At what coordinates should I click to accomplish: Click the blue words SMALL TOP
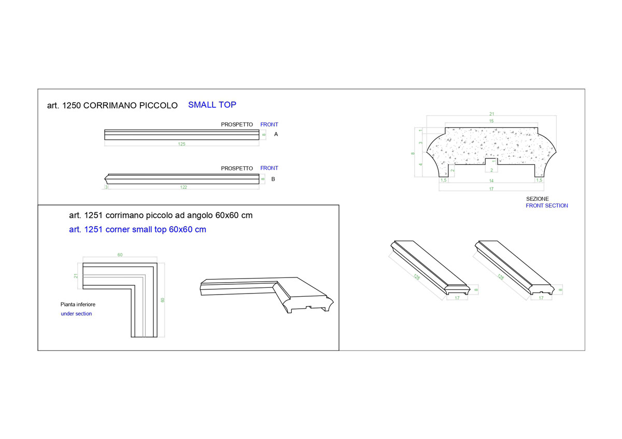click(212, 105)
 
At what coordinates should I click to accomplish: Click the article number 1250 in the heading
click(72, 106)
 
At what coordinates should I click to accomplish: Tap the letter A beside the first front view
click(276, 134)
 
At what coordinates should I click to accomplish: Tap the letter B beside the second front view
click(273, 179)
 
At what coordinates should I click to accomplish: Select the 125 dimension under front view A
click(181, 144)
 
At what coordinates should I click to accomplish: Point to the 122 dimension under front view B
click(183, 187)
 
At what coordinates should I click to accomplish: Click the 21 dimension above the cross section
click(492, 114)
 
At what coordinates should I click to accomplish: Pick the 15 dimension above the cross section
click(491, 121)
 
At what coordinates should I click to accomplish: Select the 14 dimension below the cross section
click(491, 181)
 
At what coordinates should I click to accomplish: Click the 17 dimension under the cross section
click(491, 189)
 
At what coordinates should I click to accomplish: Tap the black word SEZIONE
click(538, 199)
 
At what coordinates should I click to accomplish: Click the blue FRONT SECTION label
click(547, 206)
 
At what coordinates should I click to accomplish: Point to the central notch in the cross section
click(491, 162)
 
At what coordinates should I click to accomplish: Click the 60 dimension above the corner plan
click(120, 255)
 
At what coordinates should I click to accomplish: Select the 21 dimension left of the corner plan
click(76, 276)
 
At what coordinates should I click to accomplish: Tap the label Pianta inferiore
click(78, 304)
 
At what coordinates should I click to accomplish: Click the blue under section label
click(76, 314)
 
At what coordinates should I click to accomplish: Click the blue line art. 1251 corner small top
click(137, 229)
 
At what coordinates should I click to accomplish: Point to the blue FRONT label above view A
click(269, 125)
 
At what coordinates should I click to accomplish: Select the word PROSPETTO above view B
click(237, 168)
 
